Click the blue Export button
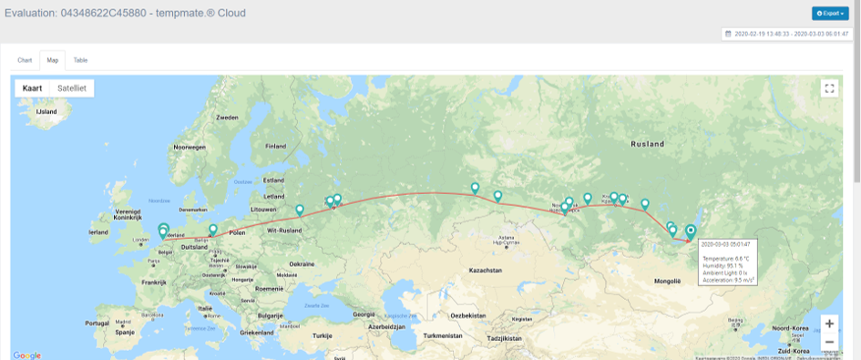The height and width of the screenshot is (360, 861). [830, 14]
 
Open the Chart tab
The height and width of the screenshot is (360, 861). [25, 60]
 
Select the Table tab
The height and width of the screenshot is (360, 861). [81, 60]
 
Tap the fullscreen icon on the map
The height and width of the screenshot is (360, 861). [829, 88]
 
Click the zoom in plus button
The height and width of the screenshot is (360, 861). [829, 324]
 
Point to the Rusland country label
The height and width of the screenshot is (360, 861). [647, 144]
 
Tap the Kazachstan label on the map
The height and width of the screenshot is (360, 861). [486, 271]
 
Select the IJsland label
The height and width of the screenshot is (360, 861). [46, 111]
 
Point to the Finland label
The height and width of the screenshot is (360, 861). [275, 146]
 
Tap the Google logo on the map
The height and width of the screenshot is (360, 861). [27, 355]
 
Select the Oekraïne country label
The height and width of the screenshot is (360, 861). [302, 262]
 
